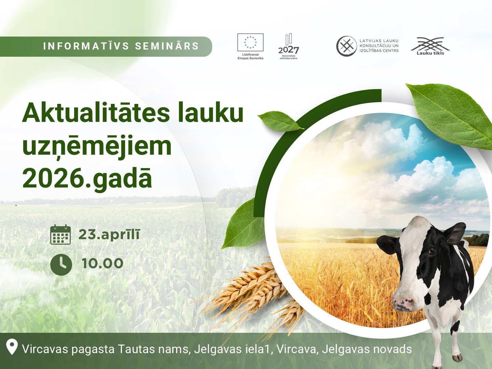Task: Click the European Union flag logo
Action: coord(250,42)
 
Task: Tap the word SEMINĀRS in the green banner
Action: coord(167,46)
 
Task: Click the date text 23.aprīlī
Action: coord(109,234)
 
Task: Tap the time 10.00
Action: coord(102,263)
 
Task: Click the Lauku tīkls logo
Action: coord(430,46)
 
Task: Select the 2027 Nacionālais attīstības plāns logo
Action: coord(289,46)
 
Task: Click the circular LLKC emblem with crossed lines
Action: coord(346,46)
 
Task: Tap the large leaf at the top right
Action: coord(451,117)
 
